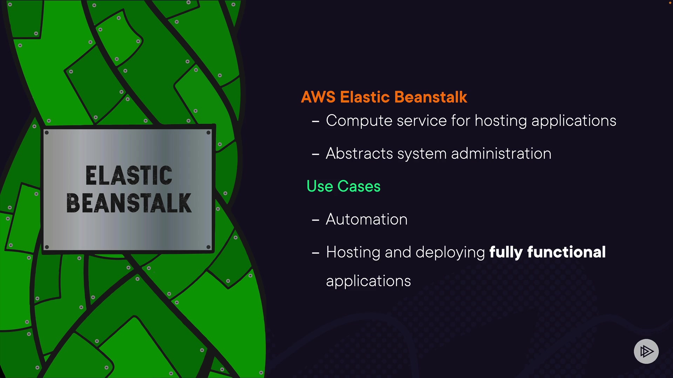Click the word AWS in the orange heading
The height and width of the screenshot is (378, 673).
318,97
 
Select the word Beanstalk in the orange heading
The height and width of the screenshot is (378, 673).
430,97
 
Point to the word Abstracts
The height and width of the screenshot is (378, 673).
359,154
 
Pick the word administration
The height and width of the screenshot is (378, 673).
501,154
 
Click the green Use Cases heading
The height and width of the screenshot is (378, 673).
343,186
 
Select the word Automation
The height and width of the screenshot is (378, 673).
367,219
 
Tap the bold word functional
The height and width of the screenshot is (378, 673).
566,252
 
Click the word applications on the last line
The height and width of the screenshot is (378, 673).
368,281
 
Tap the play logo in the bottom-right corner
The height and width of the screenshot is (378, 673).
646,351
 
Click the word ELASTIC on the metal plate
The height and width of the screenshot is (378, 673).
129,175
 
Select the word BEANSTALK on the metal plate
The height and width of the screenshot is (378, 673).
129,203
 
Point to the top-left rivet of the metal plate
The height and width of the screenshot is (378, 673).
47,133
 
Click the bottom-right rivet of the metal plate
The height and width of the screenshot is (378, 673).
208,247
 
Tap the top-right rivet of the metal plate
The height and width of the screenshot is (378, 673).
208,133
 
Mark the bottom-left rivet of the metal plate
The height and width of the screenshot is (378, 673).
47,247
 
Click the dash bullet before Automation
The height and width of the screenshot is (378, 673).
315,220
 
